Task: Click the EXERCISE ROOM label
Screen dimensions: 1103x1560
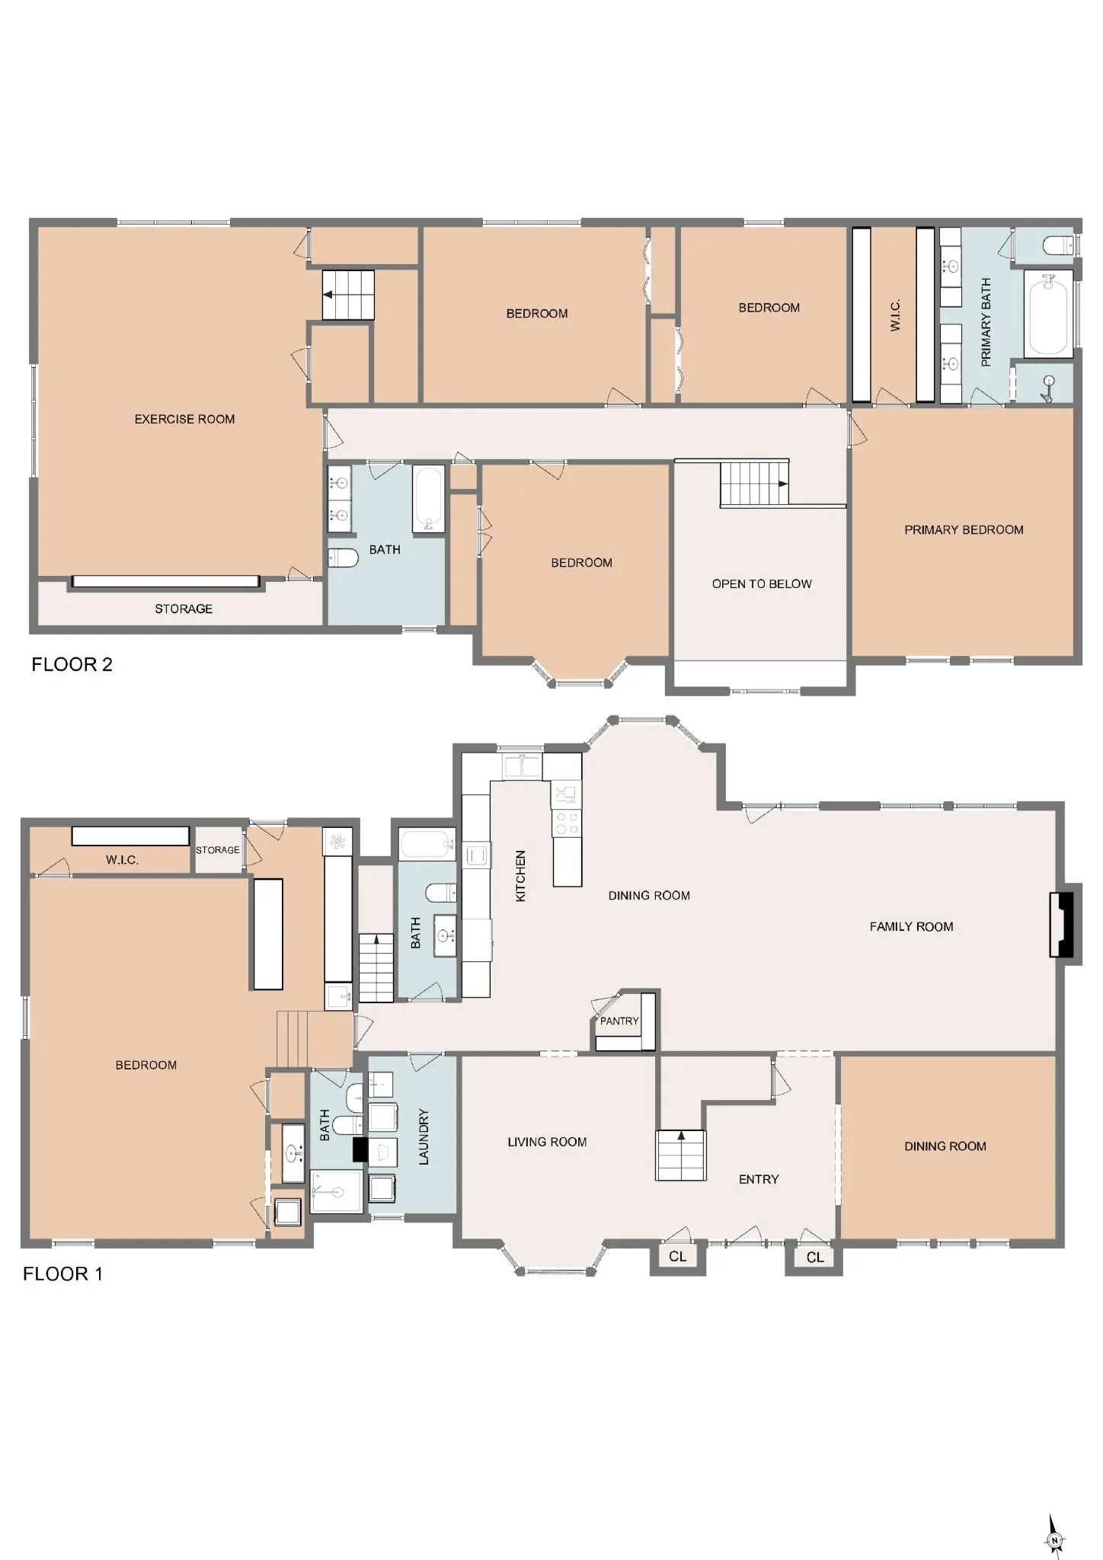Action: point(184,419)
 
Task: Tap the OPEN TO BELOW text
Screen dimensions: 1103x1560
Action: point(762,584)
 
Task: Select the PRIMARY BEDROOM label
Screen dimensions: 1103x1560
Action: point(964,530)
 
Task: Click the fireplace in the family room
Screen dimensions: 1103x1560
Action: point(1065,925)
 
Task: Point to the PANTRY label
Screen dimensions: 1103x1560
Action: point(619,1021)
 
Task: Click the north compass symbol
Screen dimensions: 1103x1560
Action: point(1055,1536)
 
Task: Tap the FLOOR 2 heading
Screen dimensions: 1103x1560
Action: point(72,665)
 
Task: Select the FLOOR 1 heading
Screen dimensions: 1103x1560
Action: point(62,1274)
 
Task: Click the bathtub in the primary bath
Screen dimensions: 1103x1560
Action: point(1048,313)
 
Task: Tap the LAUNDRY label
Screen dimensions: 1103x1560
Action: point(424,1136)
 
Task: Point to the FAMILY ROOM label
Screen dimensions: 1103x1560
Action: point(911,927)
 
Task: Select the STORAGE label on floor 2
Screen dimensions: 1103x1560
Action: point(184,609)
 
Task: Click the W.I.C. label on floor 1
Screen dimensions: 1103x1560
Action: point(122,861)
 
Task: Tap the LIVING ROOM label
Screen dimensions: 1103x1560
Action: point(547,1143)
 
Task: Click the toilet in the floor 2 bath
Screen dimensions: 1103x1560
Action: point(343,558)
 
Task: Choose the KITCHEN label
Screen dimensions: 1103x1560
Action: point(521,877)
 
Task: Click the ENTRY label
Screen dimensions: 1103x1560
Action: point(759,1180)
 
